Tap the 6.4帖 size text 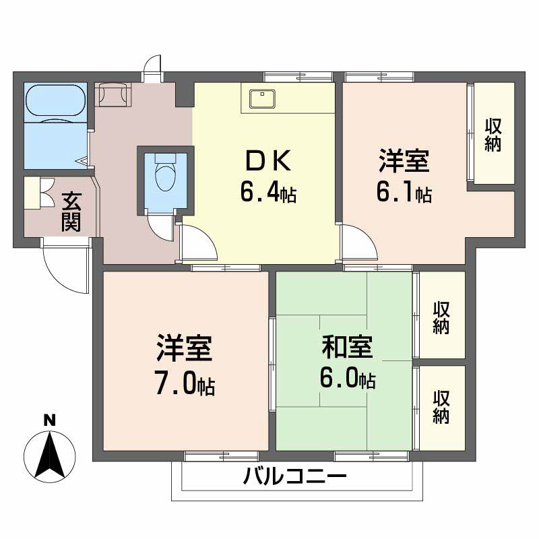(267, 193)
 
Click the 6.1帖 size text (404, 193)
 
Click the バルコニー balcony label (295, 478)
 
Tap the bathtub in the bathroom (56, 101)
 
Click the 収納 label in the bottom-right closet (441, 407)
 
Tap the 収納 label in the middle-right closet (441, 317)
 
